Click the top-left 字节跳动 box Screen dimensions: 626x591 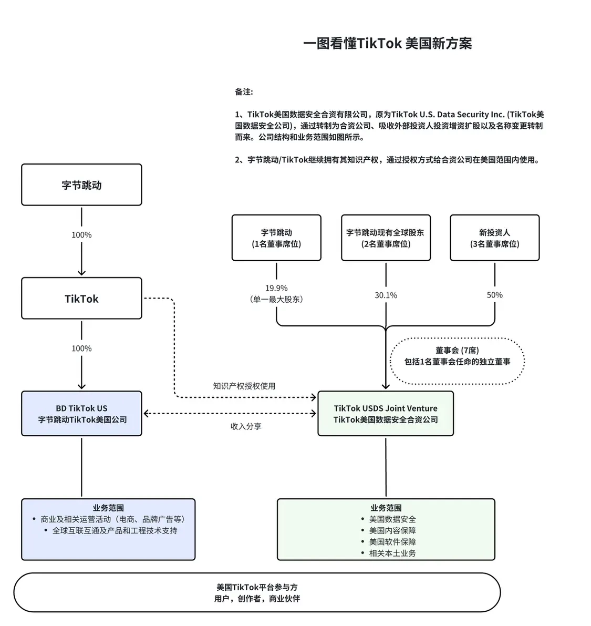tap(81, 185)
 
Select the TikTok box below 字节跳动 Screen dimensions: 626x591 tap(81, 299)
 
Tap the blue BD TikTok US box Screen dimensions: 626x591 tap(81, 414)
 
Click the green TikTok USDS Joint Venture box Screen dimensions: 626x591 tap(386, 414)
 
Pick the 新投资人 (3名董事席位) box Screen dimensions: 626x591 tap(494, 238)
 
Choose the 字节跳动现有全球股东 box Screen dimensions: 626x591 tap(386, 238)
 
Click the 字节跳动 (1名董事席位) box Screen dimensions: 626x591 tap(276, 238)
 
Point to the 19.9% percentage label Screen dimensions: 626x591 tap(276, 288)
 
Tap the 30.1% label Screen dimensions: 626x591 tap(386, 295)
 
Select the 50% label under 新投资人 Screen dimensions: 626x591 tap(494, 295)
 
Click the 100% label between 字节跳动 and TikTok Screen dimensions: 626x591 tap(81, 235)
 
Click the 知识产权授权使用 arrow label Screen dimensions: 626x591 tap(244, 386)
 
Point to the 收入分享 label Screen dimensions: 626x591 tap(246, 426)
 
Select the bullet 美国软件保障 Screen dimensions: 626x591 tap(392, 542)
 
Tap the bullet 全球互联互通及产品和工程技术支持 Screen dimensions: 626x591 tap(115, 530)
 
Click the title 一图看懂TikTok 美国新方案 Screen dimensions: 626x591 tap(387, 43)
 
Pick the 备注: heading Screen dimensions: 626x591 tap(244, 92)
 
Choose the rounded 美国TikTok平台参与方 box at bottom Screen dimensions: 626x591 tap(257, 593)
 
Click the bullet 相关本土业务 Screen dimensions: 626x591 tap(392, 553)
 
